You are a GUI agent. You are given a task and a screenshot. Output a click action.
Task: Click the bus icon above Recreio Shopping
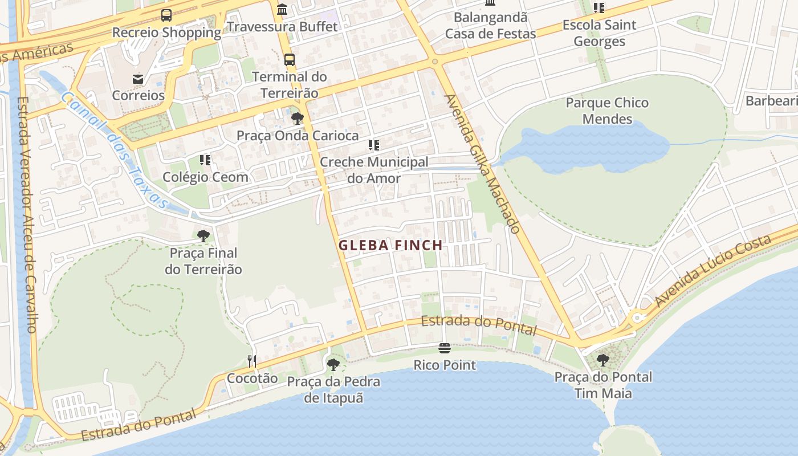[x=166, y=15]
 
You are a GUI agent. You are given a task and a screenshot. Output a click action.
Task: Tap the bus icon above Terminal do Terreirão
[x=290, y=59]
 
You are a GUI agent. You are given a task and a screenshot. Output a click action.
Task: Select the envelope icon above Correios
[x=138, y=79]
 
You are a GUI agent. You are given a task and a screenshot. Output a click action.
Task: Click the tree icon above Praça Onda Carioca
[x=297, y=119]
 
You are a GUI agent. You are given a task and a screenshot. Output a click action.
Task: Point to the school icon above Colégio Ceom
[x=205, y=160]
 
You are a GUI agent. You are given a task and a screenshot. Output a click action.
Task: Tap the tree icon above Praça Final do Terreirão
[x=203, y=236]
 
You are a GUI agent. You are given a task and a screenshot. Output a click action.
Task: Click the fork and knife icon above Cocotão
[x=252, y=361]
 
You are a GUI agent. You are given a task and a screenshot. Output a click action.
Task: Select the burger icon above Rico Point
[x=445, y=348]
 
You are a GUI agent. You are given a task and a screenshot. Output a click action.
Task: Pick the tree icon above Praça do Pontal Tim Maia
[x=602, y=360]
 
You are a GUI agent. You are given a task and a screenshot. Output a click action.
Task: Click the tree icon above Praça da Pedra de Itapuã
[x=333, y=365]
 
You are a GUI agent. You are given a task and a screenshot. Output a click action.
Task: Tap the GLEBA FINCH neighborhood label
[x=390, y=246]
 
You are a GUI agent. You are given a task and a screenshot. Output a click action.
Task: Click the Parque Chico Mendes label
[x=607, y=111]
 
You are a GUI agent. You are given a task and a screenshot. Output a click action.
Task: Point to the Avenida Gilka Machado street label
[x=482, y=163]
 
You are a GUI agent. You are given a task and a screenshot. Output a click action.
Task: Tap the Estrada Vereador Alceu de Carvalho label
[x=27, y=214]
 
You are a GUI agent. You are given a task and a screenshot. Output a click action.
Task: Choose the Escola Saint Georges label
[x=599, y=33]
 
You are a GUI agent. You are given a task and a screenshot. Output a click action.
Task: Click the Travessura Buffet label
[x=282, y=27]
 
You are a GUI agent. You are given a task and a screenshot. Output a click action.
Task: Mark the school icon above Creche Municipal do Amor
[x=374, y=145]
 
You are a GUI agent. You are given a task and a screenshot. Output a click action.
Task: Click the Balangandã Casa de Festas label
[x=490, y=25]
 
